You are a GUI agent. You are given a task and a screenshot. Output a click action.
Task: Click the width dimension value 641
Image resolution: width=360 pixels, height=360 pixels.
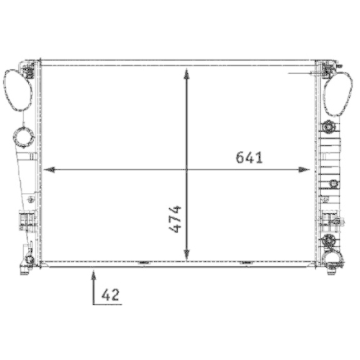(248, 158)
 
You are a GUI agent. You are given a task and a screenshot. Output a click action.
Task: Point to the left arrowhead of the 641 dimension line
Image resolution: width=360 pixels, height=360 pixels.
(49, 170)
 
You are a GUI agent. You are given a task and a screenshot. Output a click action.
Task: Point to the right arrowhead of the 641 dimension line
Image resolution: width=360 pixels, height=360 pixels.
(305, 170)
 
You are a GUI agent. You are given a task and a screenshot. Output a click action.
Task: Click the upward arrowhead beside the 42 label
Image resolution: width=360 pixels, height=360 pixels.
(94, 273)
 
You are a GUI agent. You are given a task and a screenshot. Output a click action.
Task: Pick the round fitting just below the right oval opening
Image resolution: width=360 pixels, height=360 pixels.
(330, 128)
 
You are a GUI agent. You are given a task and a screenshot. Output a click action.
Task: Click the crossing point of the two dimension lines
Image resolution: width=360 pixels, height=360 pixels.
(186, 170)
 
